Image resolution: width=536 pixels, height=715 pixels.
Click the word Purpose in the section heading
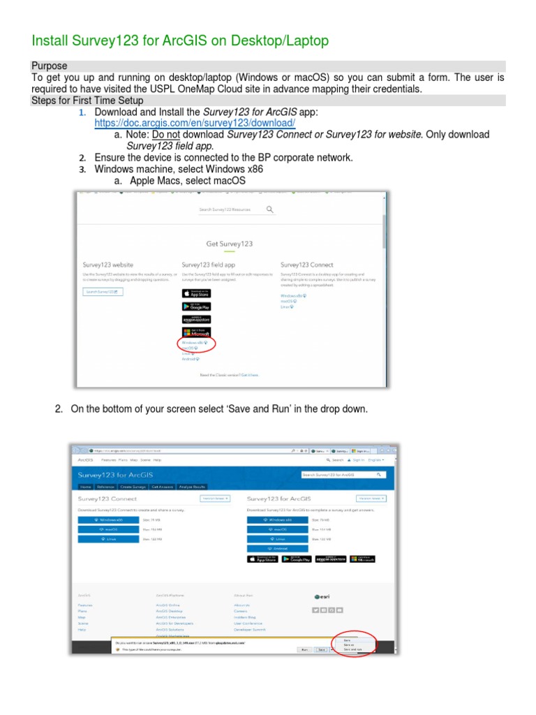pos(50,66)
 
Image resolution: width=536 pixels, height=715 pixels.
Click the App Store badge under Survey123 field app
pos(195,293)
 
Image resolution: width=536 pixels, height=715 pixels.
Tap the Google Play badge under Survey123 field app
pos(195,306)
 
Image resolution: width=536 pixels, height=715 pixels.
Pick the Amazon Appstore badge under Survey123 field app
pos(195,319)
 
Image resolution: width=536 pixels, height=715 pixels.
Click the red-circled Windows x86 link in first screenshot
pos(194,343)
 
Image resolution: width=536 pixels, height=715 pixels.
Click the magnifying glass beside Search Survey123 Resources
pos(270,209)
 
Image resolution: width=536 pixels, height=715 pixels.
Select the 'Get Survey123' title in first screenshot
pos(229,244)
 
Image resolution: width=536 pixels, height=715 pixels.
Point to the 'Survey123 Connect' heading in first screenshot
pos(306,265)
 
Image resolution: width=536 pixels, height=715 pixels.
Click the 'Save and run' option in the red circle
pos(352,649)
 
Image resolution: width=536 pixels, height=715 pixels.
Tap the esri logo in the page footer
pos(322,596)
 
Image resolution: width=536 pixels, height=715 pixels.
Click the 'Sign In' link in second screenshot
pos(357,460)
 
